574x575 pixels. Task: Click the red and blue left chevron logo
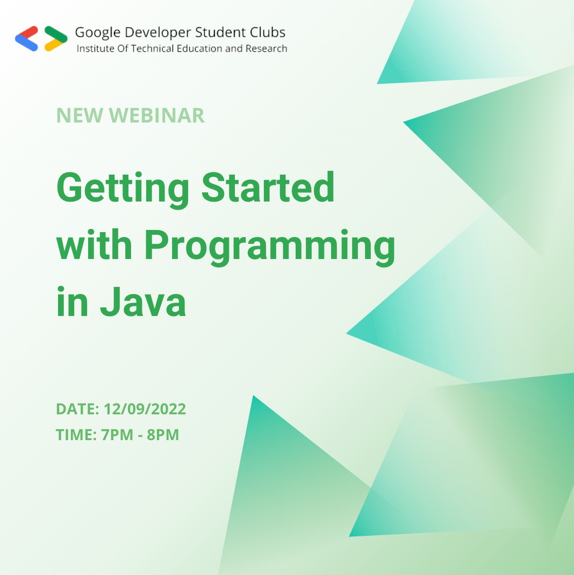[27, 38]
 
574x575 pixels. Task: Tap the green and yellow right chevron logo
[55, 38]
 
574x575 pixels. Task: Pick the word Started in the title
[268, 188]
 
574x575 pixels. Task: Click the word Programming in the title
[269, 247]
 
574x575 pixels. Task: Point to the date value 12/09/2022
[145, 409]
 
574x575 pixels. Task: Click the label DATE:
[77, 409]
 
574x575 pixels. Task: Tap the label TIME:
[76, 435]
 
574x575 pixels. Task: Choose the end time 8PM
[163, 435]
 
